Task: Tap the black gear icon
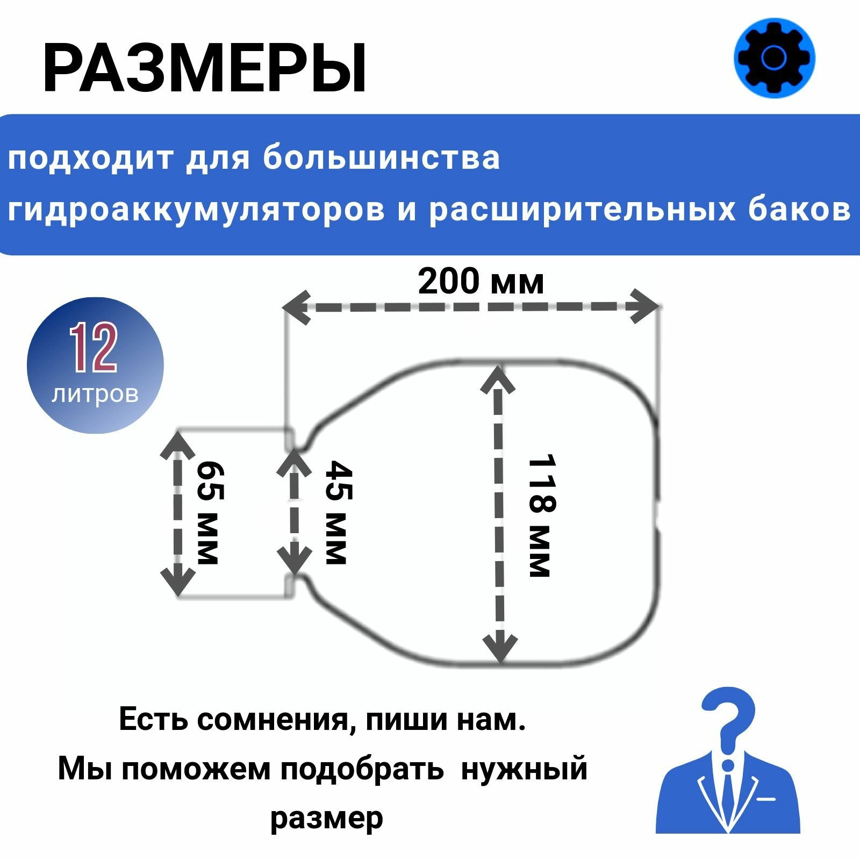(x=774, y=58)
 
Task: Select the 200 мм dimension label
(x=481, y=282)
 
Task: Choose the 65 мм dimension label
(x=209, y=513)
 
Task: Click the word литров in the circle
(x=95, y=394)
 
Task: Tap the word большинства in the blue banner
(x=382, y=159)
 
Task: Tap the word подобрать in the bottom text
(x=362, y=769)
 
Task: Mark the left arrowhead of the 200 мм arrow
(x=296, y=307)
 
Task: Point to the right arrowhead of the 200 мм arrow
(x=645, y=306)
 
